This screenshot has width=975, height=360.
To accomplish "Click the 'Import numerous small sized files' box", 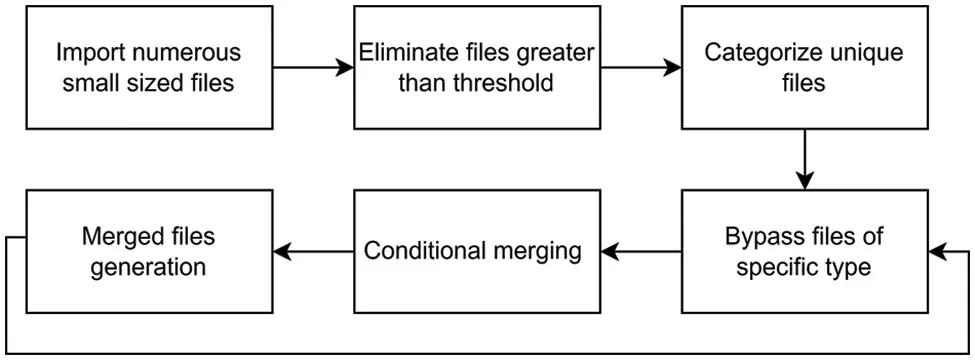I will pos(148,68).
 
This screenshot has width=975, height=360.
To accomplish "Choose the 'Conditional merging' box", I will pos(472,251).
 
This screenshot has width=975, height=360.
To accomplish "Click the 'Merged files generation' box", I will pos(148,252).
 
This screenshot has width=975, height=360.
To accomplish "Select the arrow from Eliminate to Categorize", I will pos(641,68).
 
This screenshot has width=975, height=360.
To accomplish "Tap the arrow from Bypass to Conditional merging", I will pos(641,252).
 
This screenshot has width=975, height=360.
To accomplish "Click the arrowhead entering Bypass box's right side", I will pos(938,252).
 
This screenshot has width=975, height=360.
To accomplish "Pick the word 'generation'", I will pos(148,267).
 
